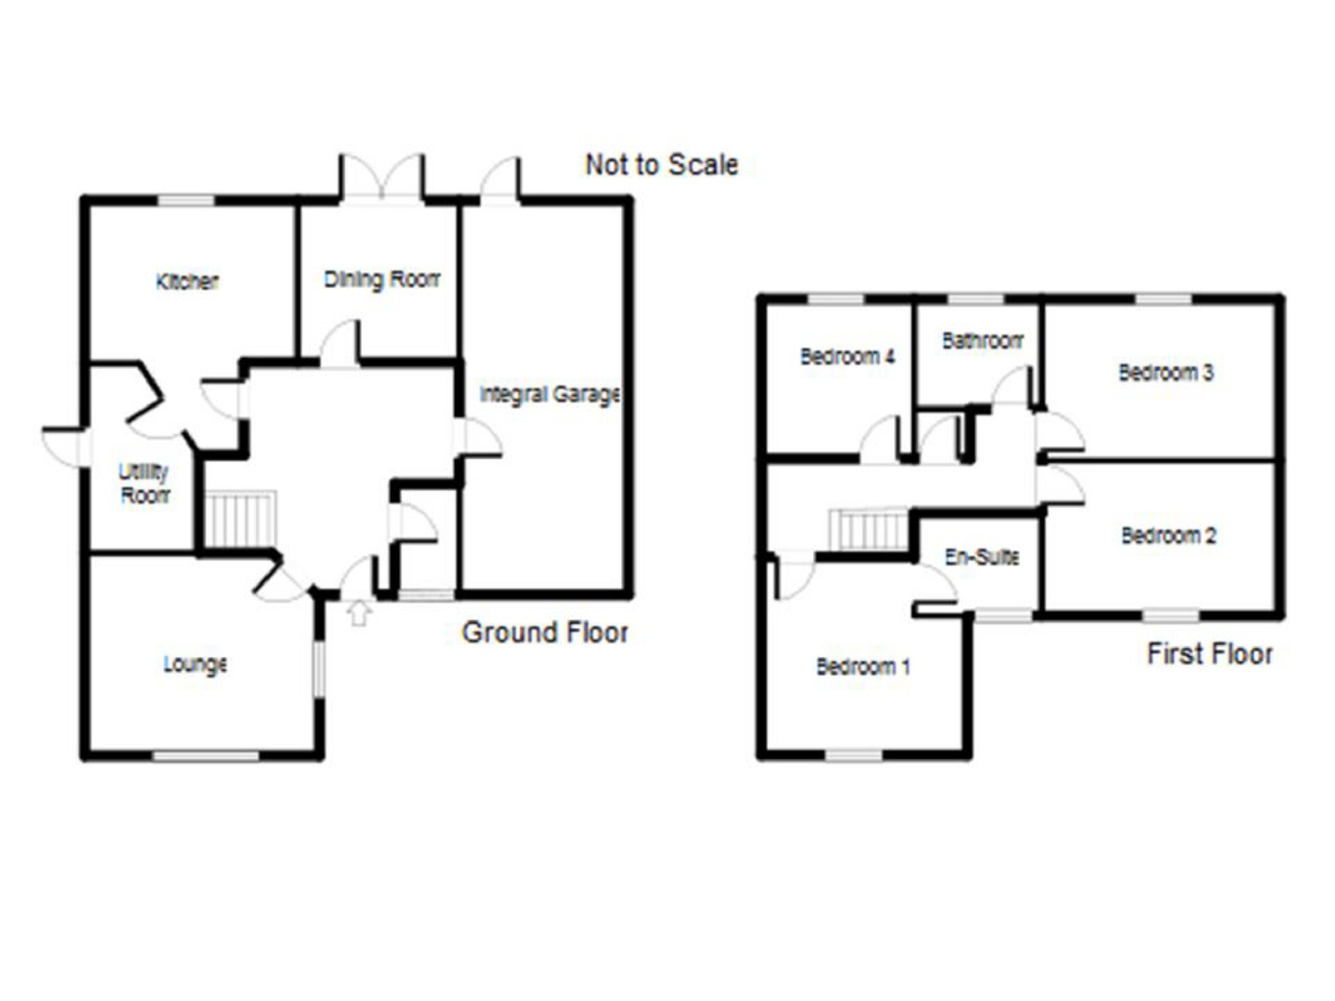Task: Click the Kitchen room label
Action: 187,281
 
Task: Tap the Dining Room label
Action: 382,279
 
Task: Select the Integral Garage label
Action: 550,394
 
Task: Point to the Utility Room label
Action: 144,483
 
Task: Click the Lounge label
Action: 195,664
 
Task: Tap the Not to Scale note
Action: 662,165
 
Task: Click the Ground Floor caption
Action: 545,633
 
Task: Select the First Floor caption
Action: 1210,654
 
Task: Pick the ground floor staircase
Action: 240,519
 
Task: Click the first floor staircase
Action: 868,529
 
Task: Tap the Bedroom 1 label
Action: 863,667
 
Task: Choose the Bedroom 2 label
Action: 1169,536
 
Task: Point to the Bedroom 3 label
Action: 1166,372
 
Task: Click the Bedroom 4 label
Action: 847,357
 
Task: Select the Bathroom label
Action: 982,341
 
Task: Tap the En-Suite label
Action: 982,558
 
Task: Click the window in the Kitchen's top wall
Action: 186,200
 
